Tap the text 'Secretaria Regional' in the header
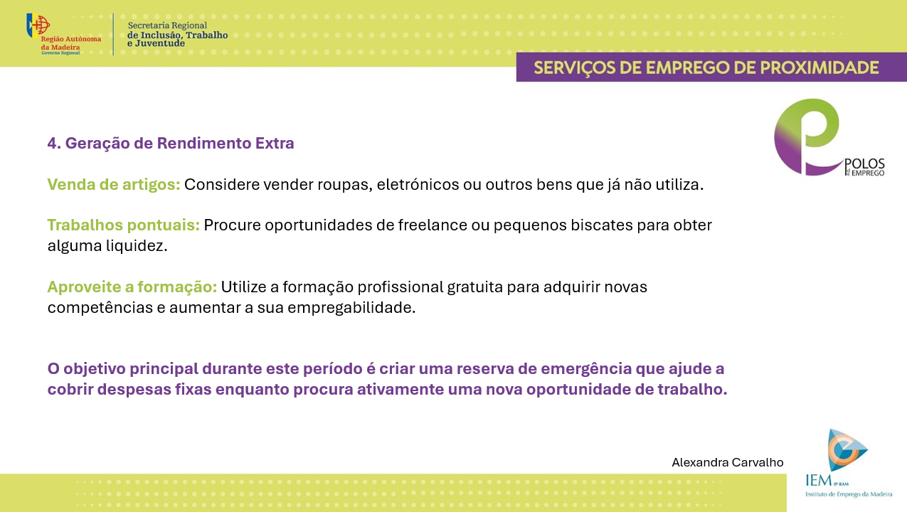pos(167,26)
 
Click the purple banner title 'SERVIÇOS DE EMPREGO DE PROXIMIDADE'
pos(706,68)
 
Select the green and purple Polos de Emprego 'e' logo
pos(807,137)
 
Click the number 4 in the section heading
pos(51,143)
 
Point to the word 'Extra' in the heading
pos(275,143)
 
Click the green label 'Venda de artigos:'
pos(114,185)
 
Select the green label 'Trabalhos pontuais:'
pos(124,225)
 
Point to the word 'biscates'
pos(602,225)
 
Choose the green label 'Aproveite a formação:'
pos(132,287)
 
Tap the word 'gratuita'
pos(475,287)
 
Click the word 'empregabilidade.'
pos(351,308)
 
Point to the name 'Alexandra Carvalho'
pos(728,462)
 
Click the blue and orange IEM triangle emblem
pos(847,450)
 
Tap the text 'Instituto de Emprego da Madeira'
pos(849,494)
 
